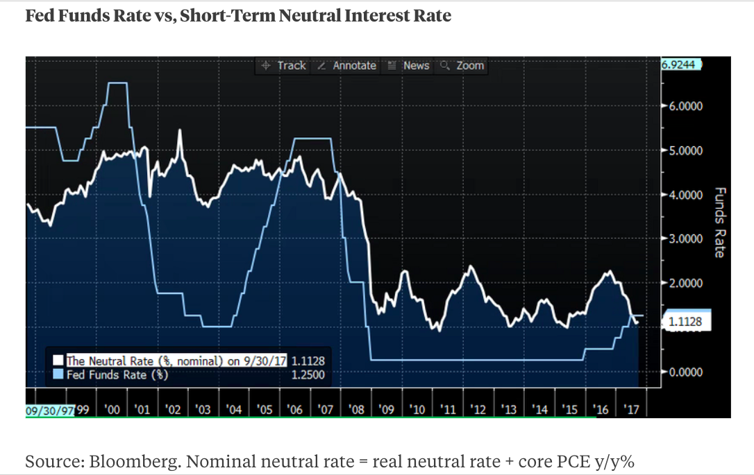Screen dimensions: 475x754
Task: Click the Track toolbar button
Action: pos(283,65)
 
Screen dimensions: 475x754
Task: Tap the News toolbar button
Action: pos(409,65)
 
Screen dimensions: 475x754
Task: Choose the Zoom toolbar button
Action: pos(462,65)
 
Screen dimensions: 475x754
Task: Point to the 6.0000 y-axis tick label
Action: pos(686,106)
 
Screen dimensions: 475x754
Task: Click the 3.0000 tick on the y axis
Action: pos(686,239)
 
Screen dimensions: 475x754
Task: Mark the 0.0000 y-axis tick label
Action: pos(686,372)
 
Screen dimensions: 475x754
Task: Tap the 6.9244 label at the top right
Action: pos(682,64)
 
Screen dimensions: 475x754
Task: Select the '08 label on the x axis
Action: pos(357,410)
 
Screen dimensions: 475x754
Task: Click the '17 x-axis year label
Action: pos(632,410)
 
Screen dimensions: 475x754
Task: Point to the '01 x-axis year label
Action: pos(142,410)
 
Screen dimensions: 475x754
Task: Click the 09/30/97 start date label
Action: pos(50,410)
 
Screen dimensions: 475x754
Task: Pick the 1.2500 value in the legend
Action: pos(308,374)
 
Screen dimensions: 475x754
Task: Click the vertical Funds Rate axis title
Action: pos(719,222)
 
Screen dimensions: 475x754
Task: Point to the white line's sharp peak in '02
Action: pos(180,130)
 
